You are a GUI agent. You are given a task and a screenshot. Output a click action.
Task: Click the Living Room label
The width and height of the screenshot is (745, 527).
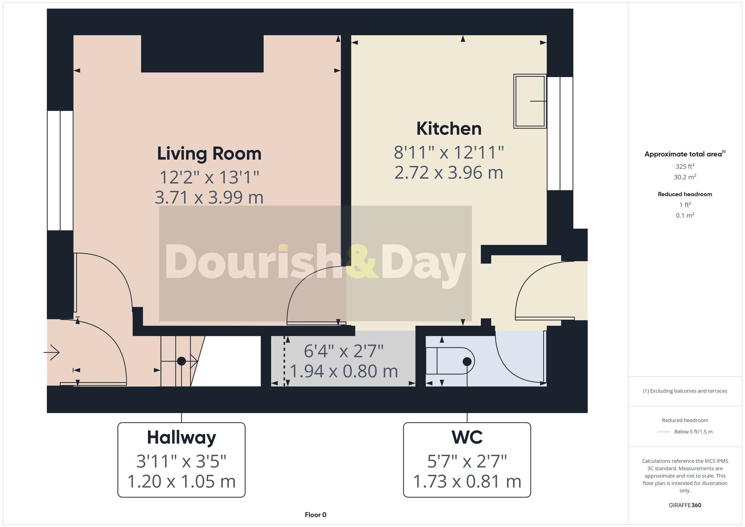coord(209,154)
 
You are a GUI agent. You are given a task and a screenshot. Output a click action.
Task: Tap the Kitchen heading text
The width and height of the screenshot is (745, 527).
coord(448,129)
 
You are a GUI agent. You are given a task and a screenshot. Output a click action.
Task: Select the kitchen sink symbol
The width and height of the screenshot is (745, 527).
coord(529,101)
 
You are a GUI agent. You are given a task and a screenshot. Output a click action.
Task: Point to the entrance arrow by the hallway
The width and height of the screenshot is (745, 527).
coord(52,352)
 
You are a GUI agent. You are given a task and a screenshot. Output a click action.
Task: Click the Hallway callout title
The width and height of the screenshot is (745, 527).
coord(181,438)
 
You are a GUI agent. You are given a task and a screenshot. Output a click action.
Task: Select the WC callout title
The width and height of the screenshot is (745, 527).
coord(467,438)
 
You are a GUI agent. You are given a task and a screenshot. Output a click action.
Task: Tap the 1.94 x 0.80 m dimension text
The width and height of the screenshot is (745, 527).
coord(343,371)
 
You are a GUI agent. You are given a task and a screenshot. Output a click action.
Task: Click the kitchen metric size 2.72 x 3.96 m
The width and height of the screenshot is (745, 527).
coord(448,173)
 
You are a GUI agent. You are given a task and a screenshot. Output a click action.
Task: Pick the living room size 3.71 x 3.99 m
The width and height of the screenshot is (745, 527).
coord(209,197)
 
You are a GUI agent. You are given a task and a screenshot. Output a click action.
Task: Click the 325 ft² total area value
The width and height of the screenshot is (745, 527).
coord(685,166)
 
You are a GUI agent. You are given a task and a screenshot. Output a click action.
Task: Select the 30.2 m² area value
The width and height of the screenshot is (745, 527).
coord(685,177)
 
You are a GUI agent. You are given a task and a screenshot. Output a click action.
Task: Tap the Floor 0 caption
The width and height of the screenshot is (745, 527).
coord(315,515)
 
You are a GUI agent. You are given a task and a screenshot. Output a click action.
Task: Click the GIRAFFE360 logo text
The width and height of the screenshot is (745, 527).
coord(685,505)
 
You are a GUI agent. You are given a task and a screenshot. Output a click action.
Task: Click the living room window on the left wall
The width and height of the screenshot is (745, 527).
coord(60,170)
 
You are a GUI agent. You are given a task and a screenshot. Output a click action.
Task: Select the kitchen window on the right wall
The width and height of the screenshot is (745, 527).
coord(559,133)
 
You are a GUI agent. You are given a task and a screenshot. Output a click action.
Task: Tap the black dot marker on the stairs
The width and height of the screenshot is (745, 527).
coord(181,361)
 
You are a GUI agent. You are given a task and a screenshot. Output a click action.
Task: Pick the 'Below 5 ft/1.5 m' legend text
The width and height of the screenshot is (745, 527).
coord(693,432)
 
